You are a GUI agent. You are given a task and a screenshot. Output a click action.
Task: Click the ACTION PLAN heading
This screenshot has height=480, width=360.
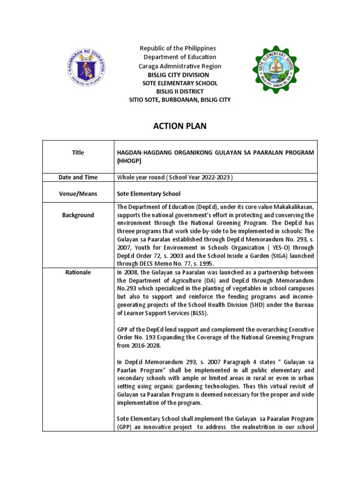(x=180, y=126)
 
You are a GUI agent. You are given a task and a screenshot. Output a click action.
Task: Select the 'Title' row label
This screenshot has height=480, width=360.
(x=78, y=152)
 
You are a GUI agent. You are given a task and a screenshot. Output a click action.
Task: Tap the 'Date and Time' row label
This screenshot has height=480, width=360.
(x=78, y=177)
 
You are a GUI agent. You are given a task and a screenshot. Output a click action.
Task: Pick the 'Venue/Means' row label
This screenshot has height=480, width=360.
(x=78, y=193)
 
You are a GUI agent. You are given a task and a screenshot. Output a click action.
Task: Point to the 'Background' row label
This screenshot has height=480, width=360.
(x=78, y=215)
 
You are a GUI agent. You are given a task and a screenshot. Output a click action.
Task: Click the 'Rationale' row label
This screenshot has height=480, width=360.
(x=78, y=272)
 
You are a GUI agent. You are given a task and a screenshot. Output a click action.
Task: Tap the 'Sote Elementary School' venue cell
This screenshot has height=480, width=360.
(x=148, y=194)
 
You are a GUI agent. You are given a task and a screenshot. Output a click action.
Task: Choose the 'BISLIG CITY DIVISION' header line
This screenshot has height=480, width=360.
(x=179, y=75)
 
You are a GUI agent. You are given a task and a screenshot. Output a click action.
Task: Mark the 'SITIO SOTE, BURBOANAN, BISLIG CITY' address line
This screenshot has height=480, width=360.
(x=180, y=100)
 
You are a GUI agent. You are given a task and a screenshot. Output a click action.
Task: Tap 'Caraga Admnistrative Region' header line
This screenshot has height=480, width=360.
(x=180, y=66)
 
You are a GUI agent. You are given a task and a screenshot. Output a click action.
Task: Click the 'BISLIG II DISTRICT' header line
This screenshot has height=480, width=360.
(x=180, y=91)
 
